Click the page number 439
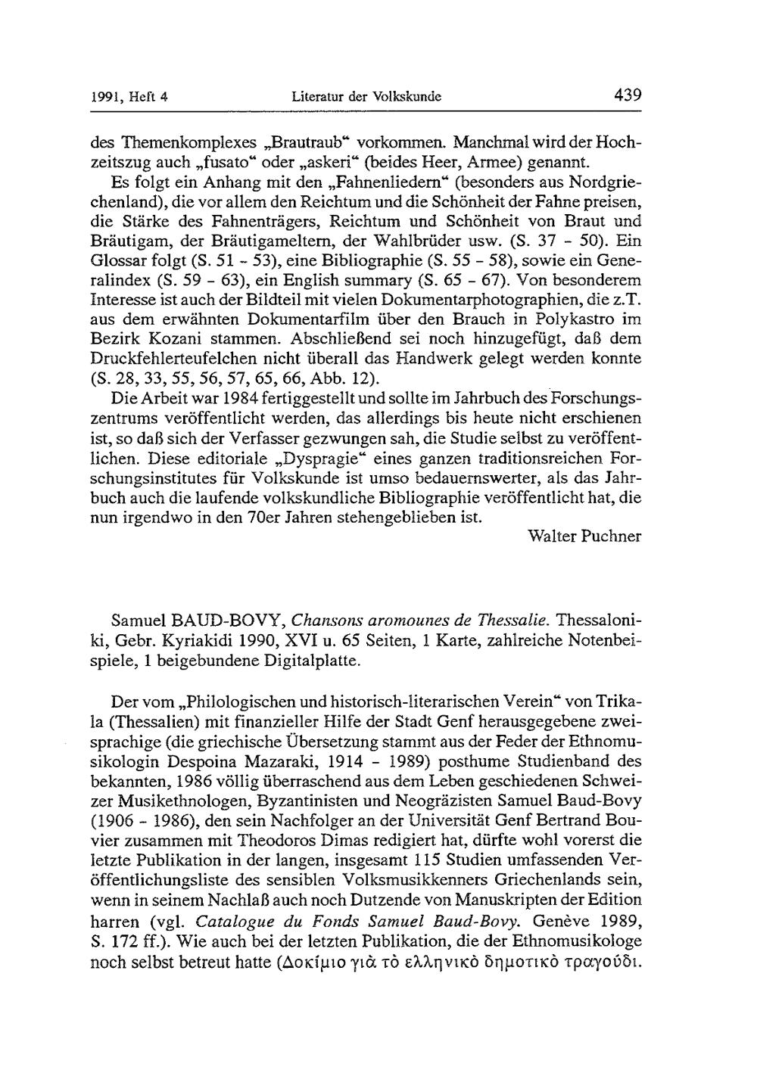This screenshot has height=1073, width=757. click(x=628, y=96)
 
